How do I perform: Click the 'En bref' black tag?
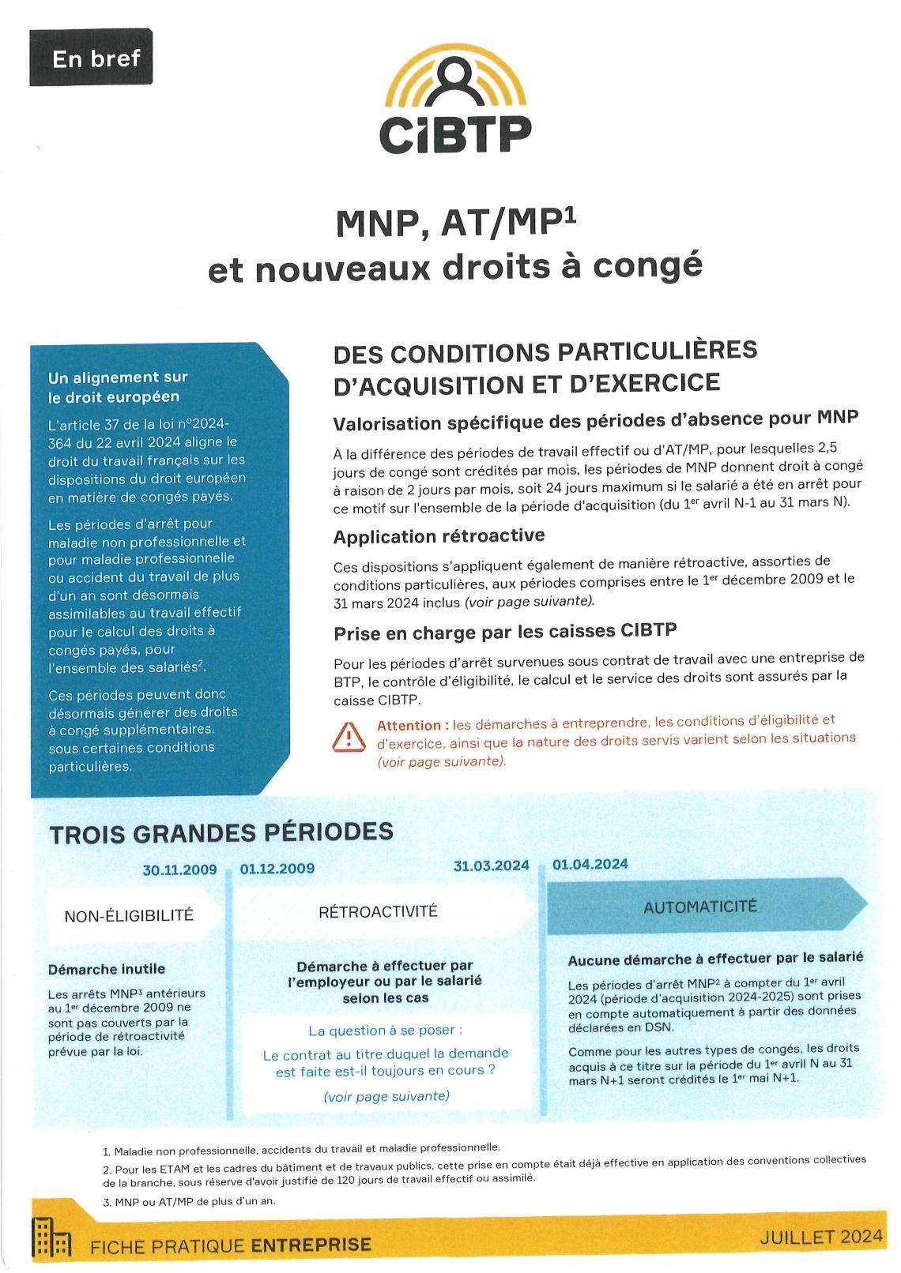pos(90,58)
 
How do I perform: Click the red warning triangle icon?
pos(349,738)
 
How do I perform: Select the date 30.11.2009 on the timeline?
pos(179,869)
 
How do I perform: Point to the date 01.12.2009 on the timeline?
pos(277,869)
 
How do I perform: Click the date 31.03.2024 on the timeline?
pos(491,866)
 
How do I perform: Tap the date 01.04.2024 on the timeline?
pos(590,864)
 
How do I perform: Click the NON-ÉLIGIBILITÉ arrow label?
pos(129,915)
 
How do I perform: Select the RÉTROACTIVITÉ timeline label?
pos(378,911)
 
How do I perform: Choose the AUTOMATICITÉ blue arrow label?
pos(700,906)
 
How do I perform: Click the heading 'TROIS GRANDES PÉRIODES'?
pos(221,833)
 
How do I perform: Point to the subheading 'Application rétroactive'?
pos(439,536)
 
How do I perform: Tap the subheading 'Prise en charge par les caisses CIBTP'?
pos(505,632)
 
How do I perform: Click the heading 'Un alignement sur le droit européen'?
pos(119,387)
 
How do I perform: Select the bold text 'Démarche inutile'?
pos(107,969)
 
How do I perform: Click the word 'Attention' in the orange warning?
pos(409,725)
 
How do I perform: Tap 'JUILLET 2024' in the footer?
pos(820,1237)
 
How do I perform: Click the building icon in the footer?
pos(51,1238)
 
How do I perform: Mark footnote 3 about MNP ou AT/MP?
pos(189,1201)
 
